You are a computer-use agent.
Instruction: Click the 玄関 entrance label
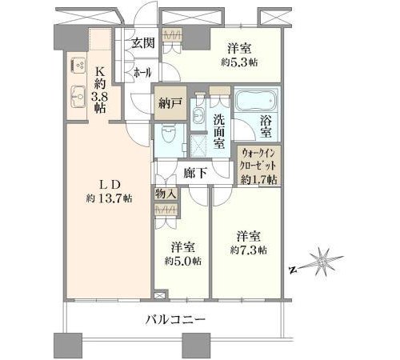pos(143,43)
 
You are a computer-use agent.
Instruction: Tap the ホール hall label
pos(142,72)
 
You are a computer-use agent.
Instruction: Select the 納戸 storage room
pos(170,103)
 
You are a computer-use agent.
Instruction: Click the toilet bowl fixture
pos(168,134)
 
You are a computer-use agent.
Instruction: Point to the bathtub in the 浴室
pos(256,101)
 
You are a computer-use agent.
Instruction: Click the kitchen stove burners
pos(78,66)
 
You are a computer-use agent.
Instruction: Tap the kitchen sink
pos(78,97)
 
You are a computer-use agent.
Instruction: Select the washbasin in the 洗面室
pos(198,117)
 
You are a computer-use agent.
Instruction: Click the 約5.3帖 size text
pos(239,62)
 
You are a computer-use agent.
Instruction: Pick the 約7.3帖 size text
pos(248,250)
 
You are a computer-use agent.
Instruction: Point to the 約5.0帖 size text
pos(182,261)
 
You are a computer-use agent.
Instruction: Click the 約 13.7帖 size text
pos(109,198)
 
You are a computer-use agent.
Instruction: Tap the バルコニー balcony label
pos(175,319)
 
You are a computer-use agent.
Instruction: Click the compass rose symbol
pos(322,262)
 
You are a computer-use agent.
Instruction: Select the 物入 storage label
pos(166,194)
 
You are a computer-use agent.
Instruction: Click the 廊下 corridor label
pos(195,174)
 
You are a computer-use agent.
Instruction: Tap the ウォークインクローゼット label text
pos(258,160)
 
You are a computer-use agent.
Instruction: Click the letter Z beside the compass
pos(293,270)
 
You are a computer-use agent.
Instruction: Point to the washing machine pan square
pos(198,146)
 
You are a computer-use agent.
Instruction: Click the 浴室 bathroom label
pos(266,127)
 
